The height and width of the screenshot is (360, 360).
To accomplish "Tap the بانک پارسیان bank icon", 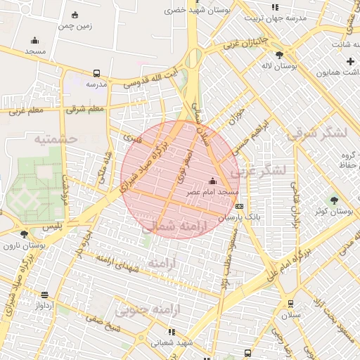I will pyautogui.click(x=240, y=206).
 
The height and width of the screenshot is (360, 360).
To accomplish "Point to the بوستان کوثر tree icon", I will pyautogui.click(x=334, y=200).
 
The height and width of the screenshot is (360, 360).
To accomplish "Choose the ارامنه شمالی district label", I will pyautogui.click(x=174, y=227).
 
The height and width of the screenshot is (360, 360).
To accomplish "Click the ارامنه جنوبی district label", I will pyautogui.click(x=148, y=309).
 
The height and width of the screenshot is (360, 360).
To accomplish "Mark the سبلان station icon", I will pyautogui.click(x=290, y=304).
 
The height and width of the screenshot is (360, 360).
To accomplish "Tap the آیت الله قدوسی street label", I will pyautogui.click(x=153, y=77).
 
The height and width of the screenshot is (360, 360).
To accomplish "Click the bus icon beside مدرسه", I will pyautogui.click(x=96, y=73).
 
